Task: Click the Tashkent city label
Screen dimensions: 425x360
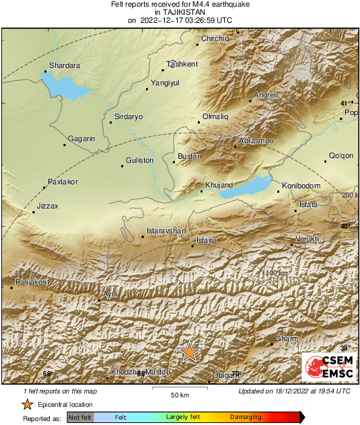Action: click(182, 64)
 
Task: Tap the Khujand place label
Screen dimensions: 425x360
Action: click(219, 185)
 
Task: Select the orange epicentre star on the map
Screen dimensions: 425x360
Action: click(190, 352)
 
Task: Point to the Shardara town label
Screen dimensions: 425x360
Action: click(65, 66)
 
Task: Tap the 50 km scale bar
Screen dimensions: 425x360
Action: click(178, 389)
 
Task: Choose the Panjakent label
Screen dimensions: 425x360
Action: click(32, 282)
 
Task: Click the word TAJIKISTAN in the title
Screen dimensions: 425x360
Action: click(180, 12)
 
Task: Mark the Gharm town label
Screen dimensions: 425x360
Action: click(287, 339)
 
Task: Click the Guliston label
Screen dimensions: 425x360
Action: click(140, 160)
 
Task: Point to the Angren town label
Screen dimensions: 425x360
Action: click(266, 95)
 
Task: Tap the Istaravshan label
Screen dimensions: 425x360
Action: click(166, 231)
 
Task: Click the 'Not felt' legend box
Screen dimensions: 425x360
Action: click(80, 418)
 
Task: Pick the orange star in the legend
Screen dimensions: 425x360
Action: click(27, 404)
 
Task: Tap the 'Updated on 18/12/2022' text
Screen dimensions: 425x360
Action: click(294, 391)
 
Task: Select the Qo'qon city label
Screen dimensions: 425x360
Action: click(340, 155)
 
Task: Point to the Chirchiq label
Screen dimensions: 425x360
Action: click(215, 39)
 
